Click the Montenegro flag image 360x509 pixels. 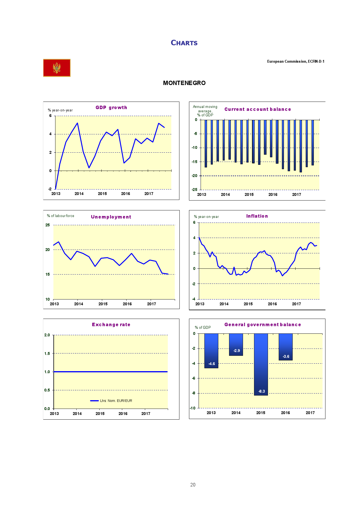[x=57, y=68]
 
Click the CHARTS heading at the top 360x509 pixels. [x=184, y=43]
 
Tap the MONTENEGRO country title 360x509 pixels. [x=184, y=83]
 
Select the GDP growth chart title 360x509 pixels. [x=111, y=107]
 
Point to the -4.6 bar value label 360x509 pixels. [x=212, y=364]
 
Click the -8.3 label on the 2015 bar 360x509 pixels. [x=262, y=391]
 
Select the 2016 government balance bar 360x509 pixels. [x=285, y=347]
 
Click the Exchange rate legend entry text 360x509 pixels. [x=116, y=401]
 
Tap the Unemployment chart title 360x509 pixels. [x=111, y=217]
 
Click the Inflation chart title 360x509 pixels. [x=257, y=216]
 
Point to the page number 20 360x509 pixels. [x=193, y=485]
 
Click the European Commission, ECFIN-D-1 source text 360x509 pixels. [x=296, y=62]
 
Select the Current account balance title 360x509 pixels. [x=258, y=109]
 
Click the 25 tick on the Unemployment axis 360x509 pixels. [x=48, y=225]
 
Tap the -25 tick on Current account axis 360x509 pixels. [x=194, y=189]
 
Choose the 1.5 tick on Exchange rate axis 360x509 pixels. [x=47, y=353]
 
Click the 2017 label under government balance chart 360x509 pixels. [x=310, y=413]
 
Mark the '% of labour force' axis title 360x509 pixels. [x=61, y=216]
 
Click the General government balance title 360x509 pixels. [x=262, y=324]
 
